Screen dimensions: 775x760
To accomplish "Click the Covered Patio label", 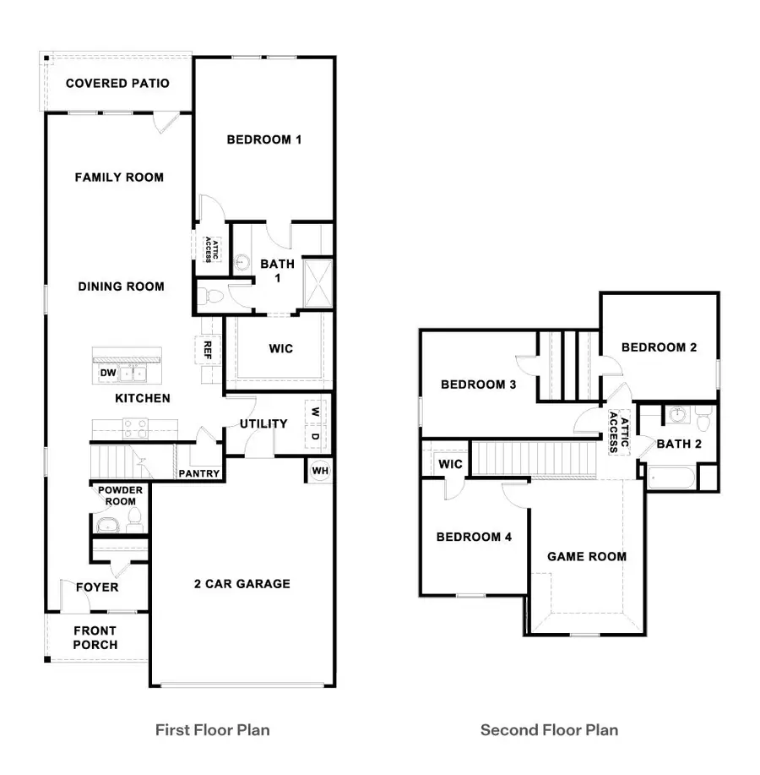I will [x=117, y=84].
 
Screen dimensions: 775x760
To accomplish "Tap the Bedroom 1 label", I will [x=263, y=139].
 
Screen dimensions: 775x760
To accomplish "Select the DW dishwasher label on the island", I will [x=107, y=373].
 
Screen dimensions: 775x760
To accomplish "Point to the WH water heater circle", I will [x=320, y=471].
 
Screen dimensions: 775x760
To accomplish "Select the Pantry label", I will [x=200, y=474].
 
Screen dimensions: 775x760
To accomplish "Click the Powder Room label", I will [x=121, y=496].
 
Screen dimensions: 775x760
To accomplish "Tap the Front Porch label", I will [x=95, y=637].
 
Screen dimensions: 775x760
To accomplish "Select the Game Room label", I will [x=587, y=556].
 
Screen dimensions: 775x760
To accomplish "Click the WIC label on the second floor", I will [x=450, y=464].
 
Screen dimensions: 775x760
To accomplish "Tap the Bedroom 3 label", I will [x=479, y=385].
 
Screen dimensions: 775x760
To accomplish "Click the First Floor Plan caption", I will [x=213, y=729].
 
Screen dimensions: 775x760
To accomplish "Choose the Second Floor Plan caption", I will [x=549, y=729].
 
